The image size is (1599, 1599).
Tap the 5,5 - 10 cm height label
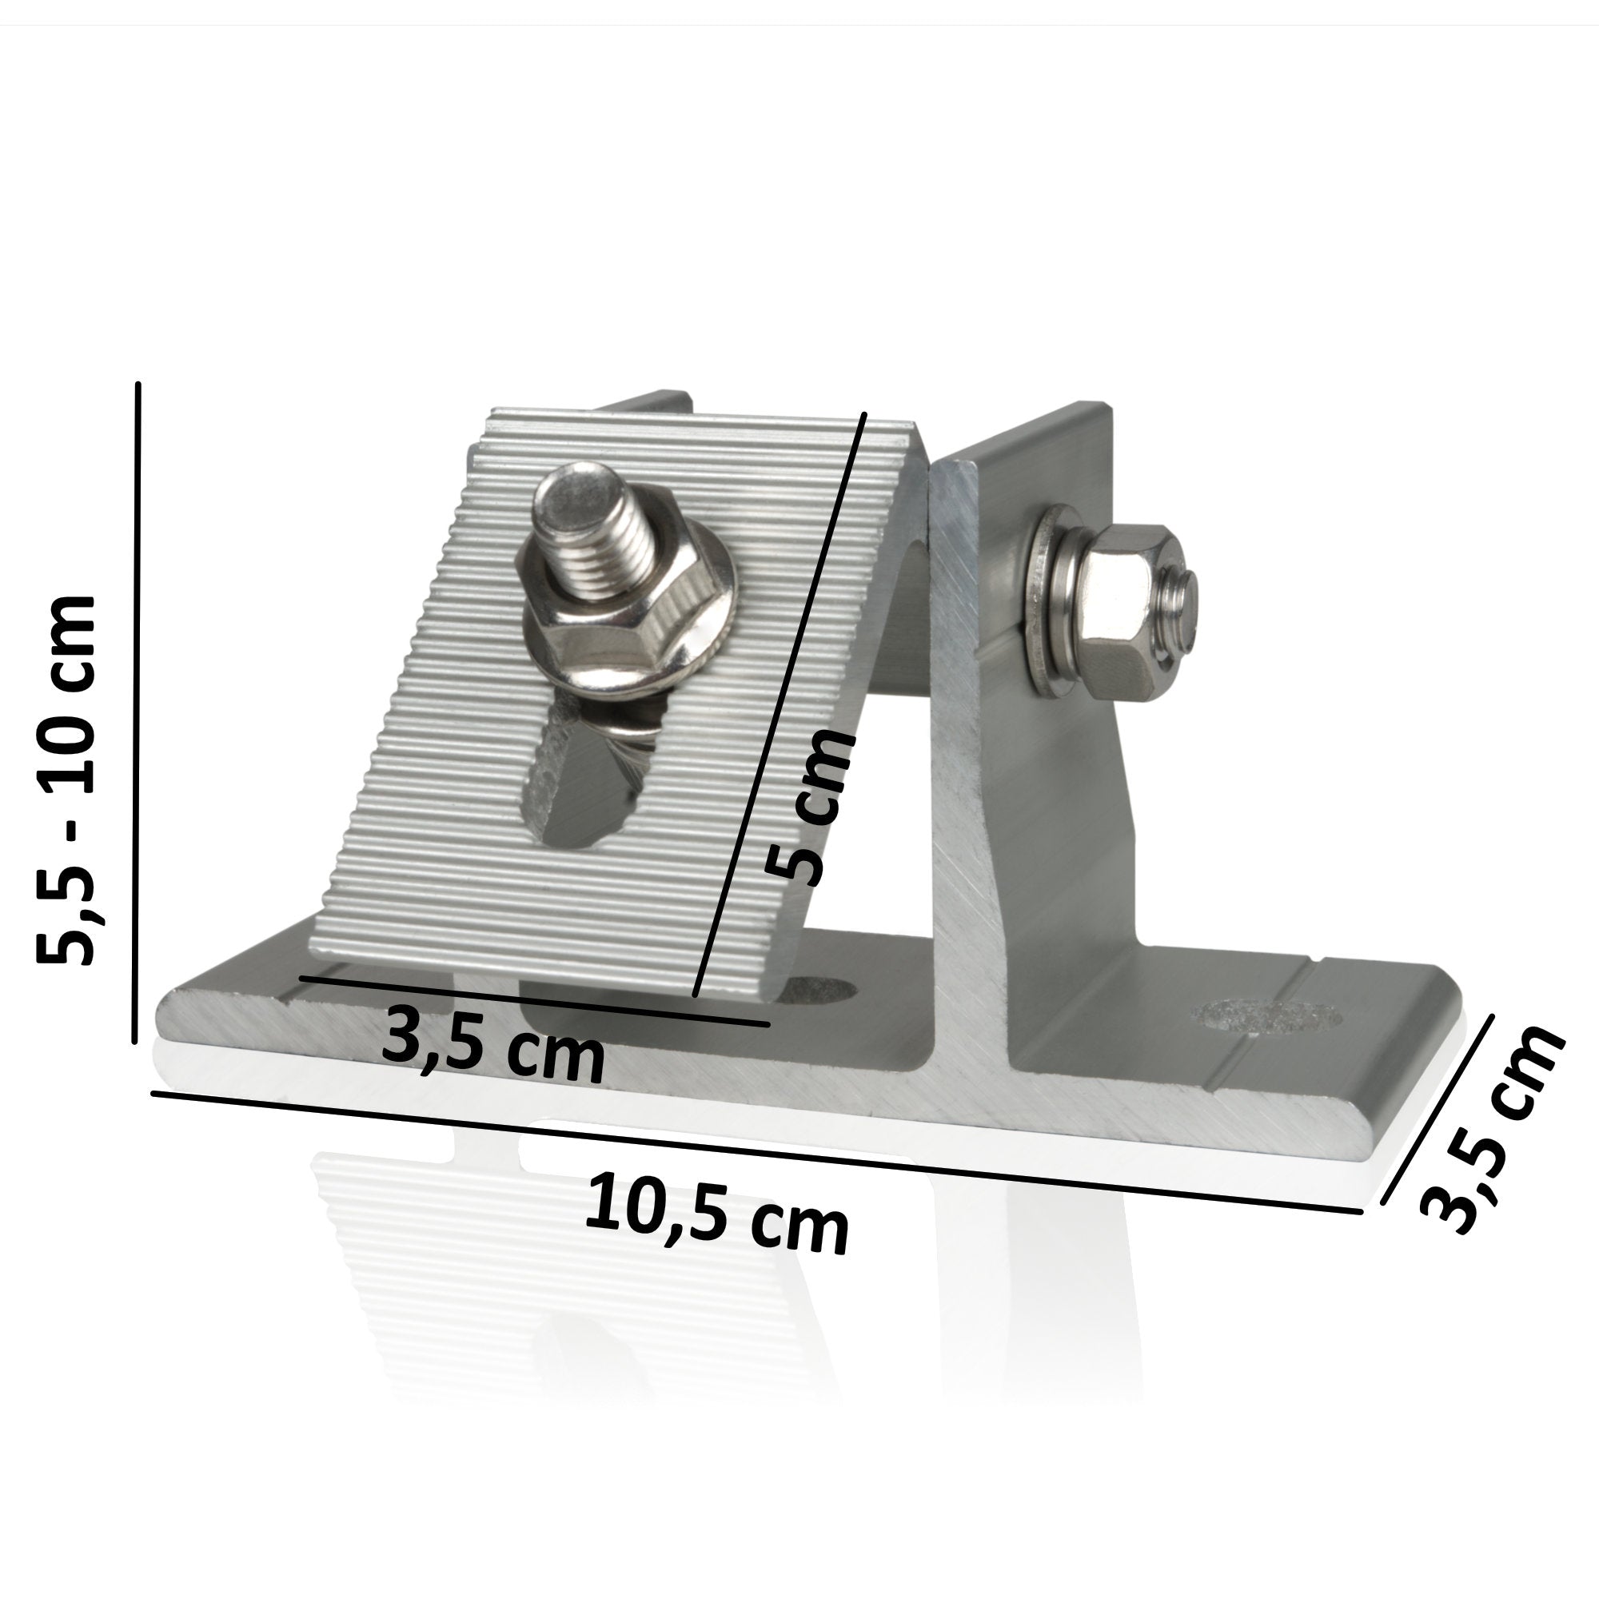pos(68,780)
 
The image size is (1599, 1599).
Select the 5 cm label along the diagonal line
pos(807,807)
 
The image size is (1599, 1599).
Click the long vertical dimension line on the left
pos(137,712)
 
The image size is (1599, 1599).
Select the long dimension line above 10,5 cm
pos(745,1151)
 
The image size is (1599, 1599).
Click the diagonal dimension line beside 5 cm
pos(778,704)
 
